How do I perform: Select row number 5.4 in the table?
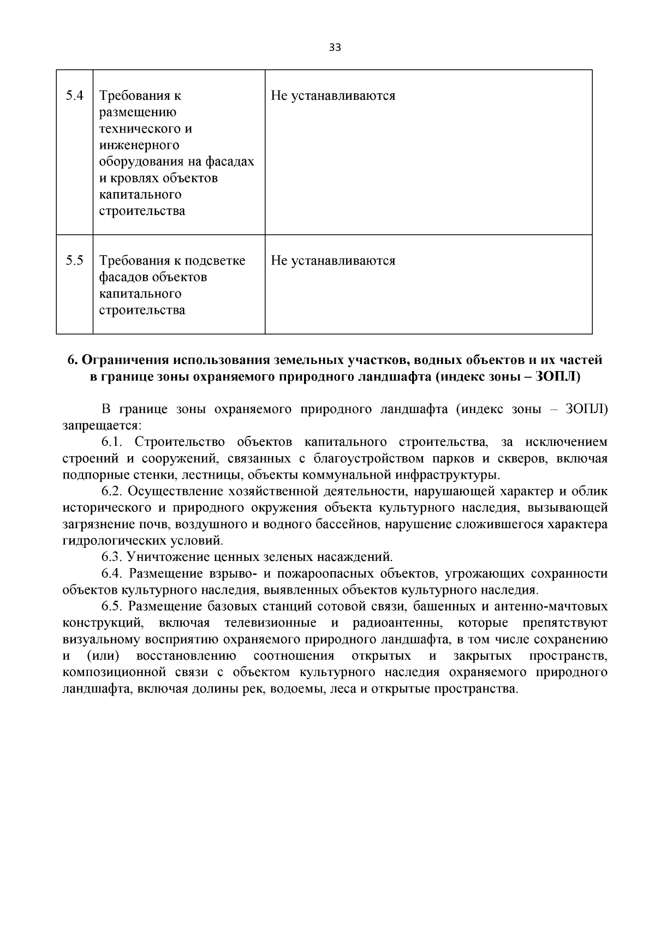point(75,96)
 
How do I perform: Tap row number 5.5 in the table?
point(75,261)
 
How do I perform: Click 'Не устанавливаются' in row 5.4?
point(333,96)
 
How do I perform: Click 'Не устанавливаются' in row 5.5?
point(333,261)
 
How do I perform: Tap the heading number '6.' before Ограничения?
point(73,360)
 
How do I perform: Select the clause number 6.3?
point(114,557)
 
